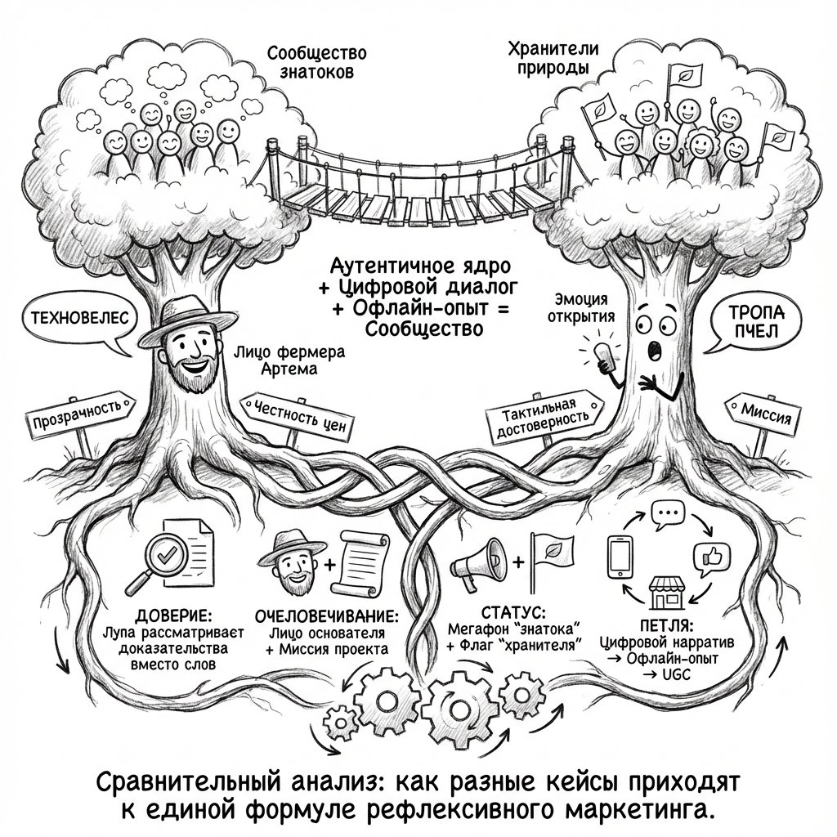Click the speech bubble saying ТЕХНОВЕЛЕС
(73, 319)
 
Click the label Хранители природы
(553, 59)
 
